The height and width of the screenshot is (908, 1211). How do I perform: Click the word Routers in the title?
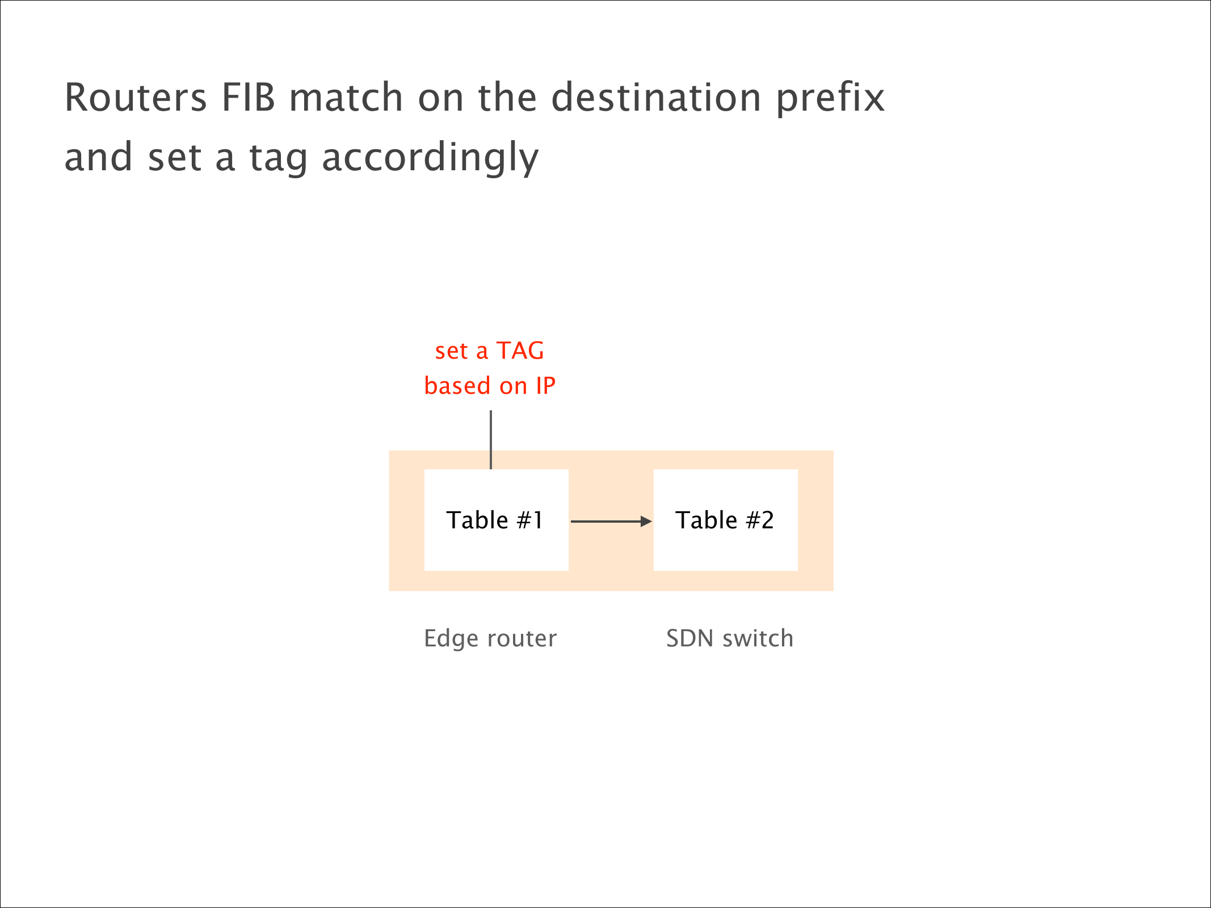pos(136,97)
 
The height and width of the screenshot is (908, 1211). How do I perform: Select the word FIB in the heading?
pos(249,97)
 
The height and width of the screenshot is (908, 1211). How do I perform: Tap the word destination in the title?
pos(657,97)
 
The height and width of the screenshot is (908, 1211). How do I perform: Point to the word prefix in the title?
pos(831,99)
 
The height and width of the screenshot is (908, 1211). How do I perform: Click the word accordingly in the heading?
pos(430,158)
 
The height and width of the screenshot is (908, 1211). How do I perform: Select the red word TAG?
pos(520,351)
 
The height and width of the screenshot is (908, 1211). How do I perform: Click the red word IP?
pos(545,386)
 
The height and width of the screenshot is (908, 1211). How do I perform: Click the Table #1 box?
pos(497,520)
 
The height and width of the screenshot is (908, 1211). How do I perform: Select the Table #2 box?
pos(726,520)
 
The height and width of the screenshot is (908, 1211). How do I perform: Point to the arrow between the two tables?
pos(611,522)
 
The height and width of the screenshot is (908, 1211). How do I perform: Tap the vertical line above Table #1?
pos(491,440)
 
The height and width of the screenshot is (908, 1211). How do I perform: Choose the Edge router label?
pos(490,639)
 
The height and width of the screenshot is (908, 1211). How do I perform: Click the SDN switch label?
pos(730,639)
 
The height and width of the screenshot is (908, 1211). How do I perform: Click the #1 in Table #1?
pos(530,520)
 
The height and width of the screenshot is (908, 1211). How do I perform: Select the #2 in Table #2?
pos(760,520)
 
